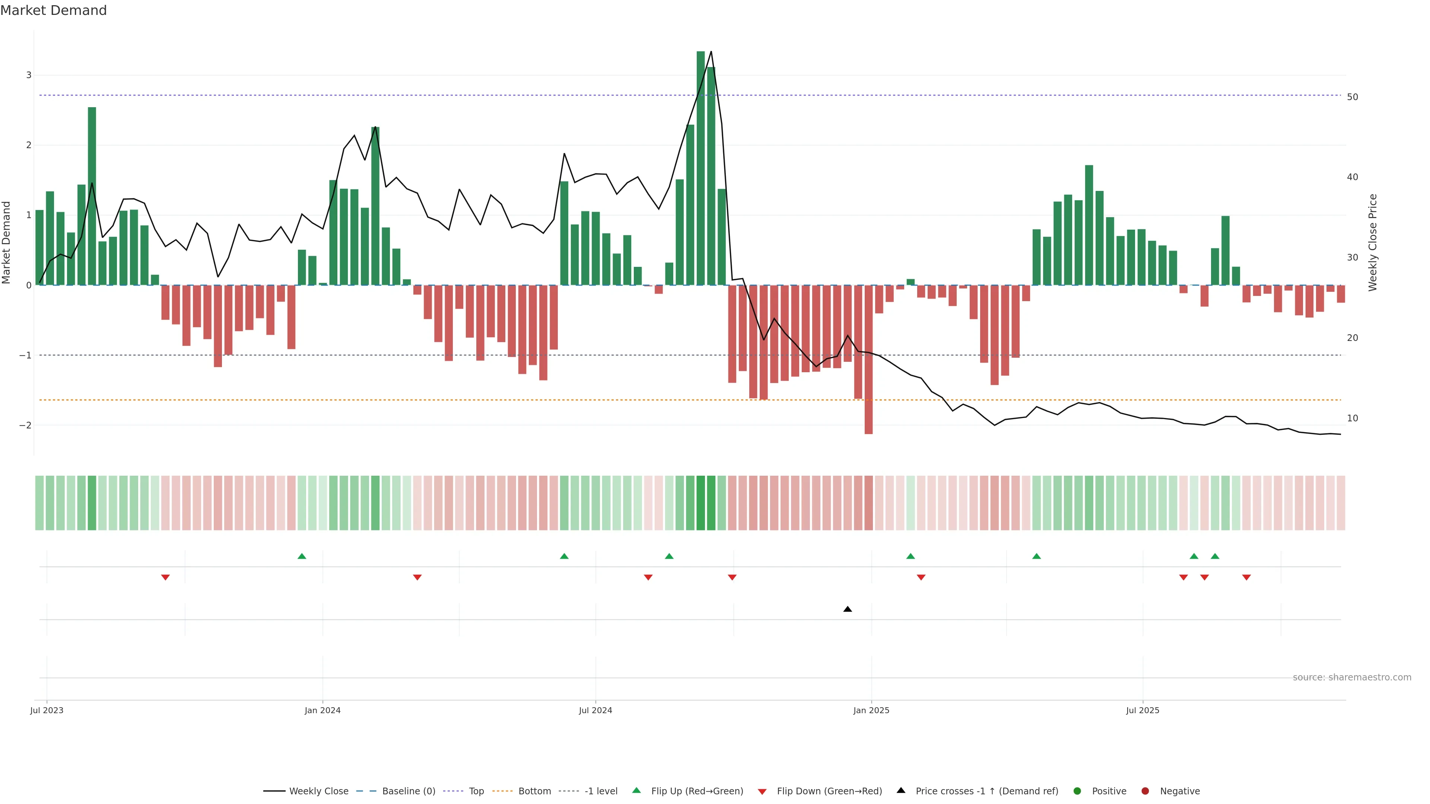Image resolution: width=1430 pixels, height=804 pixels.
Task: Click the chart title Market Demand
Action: click(x=53, y=10)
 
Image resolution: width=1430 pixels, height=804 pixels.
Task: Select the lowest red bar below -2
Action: click(x=868, y=361)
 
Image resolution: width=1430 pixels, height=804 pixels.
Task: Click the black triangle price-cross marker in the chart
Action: click(x=847, y=609)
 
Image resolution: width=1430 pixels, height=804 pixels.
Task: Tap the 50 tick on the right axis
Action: click(x=1352, y=97)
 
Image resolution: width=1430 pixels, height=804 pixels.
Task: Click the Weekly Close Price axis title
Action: click(x=1372, y=242)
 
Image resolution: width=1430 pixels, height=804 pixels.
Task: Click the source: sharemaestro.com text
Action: click(x=1352, y=677)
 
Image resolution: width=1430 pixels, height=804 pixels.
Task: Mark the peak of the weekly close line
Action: click(x=711, y=52)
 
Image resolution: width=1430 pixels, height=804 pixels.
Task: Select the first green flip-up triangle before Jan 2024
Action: click(x=302, y=556)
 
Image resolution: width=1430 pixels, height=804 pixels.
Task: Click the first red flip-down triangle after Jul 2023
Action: click(x=165, y=578)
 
